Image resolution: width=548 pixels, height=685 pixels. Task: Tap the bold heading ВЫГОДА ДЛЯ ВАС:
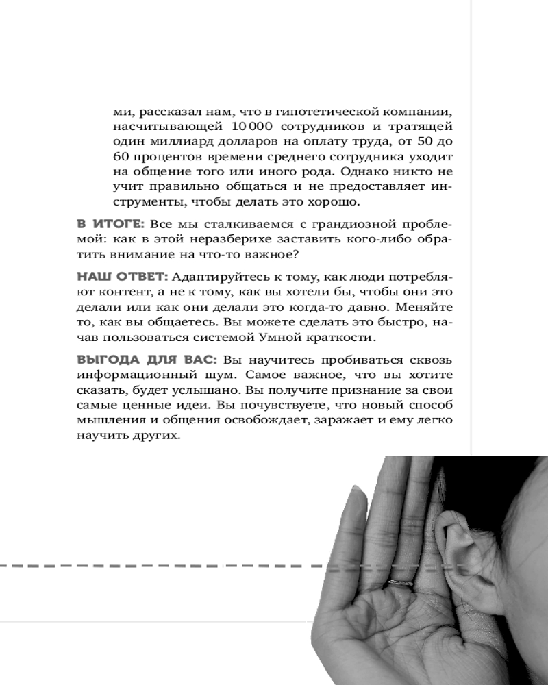tap(146, 360)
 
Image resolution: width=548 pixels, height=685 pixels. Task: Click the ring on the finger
tap(399, 583)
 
